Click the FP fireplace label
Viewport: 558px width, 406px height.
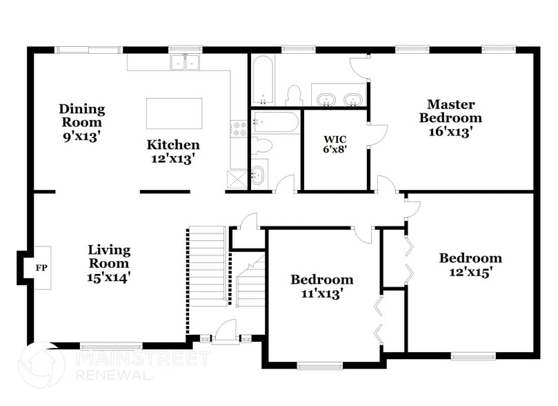(x=41, y=267)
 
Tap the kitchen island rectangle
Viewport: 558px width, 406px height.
(x=174, y=113)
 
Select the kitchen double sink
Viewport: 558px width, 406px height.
(x=185, y=63)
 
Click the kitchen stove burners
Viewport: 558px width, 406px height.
(x=239, y=129)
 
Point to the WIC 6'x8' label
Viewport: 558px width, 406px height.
(x=335, y=144)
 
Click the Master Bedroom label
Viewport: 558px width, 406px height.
(x=450, y=110)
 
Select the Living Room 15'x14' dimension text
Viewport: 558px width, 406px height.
(x=109, y=277)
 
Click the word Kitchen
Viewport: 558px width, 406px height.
(x=173, y=144)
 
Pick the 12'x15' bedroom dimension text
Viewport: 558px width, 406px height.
(x=470, y=272)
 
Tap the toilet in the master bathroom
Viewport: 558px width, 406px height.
(x=295, y=95)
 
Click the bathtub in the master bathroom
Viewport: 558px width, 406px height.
(x=263, y=80)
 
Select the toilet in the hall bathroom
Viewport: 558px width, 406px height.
(x=261, y=146)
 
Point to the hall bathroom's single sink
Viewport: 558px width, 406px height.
(x=258, y=175)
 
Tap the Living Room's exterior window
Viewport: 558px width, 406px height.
(x=111, y=345)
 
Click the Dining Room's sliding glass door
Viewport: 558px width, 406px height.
(x=88, y=50)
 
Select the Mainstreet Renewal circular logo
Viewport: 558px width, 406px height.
(x=42, y=365)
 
